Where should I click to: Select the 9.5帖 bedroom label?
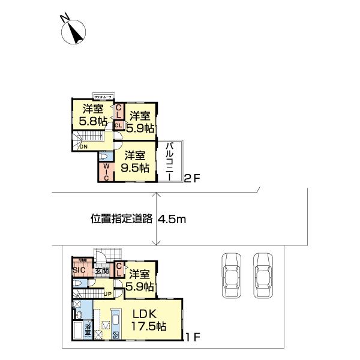pos(135,162)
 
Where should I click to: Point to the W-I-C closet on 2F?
pos(105,171)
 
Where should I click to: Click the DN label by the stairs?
pos(84,146)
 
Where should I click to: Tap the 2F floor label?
pos(190,178)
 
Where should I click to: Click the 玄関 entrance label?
pos(101,271)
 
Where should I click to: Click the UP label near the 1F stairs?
pos(107,293)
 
